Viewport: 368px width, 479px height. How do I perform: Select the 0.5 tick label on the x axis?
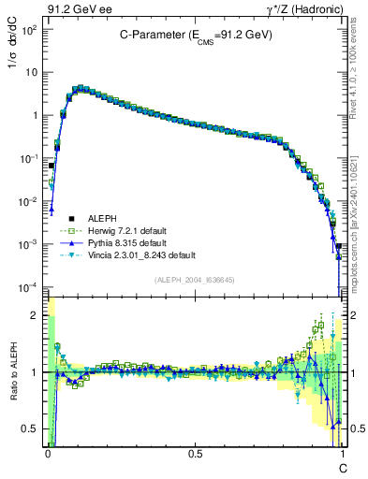coord(195,455)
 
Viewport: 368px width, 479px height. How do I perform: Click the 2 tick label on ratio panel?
coord(35,315)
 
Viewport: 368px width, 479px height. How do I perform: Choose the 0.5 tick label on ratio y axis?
coord(30,428)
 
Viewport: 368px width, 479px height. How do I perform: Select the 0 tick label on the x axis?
coord(47,455)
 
